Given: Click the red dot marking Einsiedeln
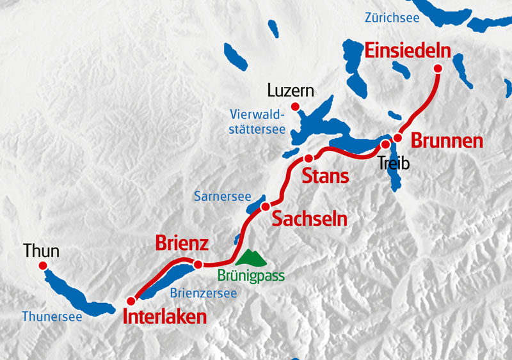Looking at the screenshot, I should [x=438, y=68].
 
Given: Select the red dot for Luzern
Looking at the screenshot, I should [x=295, y=106].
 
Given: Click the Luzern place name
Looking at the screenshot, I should [x=291, y=91].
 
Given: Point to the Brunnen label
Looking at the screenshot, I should [x=446, y=141].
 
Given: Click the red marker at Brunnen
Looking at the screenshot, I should [x=397, y=137].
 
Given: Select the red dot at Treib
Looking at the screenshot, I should [x=385, y=145].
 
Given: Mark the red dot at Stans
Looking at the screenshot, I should [x=308, y=158].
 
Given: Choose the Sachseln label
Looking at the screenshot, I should [x=310, y=219].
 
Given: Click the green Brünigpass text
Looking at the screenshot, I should [x=251, y=276].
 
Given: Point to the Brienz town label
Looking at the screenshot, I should [x=182, y=244].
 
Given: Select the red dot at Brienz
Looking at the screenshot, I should [x=198, y=264].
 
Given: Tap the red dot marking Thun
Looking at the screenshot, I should [x=43, y=265].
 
